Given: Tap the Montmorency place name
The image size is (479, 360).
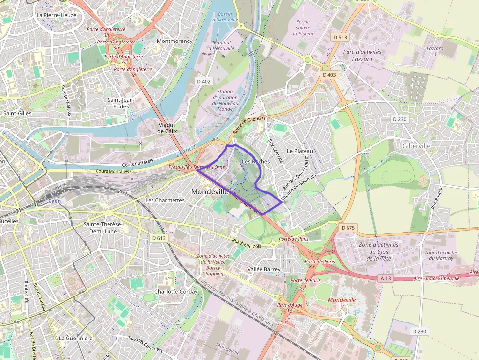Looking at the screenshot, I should (x=174, y=41).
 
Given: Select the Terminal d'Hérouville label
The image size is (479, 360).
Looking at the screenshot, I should (x=221, y=45).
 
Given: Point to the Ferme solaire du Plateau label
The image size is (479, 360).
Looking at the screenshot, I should (x=303, y=27).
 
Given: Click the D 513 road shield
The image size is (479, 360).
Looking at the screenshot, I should (x=340, y=37).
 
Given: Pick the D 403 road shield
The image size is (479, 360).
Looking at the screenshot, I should (x=329, y=75).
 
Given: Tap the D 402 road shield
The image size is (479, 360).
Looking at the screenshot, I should (x=203, y=81).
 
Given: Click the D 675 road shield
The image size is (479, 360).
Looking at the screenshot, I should (x=348, y=228).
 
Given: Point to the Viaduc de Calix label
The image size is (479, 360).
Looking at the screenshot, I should (x=168, y=128).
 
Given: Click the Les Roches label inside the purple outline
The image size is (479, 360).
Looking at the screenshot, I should (x=256, y=161).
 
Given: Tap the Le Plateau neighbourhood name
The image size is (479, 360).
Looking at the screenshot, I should (x=300, y=151).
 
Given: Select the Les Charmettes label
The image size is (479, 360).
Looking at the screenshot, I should (x=165, y=200).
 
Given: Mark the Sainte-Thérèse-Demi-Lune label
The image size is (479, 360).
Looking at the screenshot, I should (x=103, y=227).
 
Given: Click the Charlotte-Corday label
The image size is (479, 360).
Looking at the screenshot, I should (x=176, y=292).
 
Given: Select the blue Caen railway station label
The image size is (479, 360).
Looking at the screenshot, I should (x=56, y=201).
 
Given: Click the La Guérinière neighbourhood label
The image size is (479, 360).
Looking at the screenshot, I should (x=75, y=338).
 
